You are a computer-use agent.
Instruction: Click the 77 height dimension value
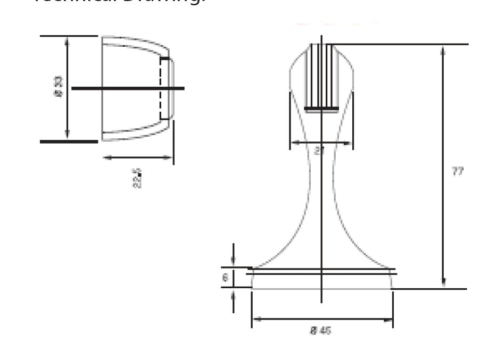[457, 171]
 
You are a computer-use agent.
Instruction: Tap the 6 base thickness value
[225, 278]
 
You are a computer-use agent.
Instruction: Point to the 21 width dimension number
[319, 150]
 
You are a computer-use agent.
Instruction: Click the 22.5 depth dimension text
[137, 178]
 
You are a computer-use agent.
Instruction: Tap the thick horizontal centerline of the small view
[128, 88]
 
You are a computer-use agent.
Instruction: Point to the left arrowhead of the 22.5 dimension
[106, 157]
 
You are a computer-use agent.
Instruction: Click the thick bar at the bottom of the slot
[321, 109]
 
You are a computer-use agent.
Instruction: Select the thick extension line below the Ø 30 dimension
[69, 141]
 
